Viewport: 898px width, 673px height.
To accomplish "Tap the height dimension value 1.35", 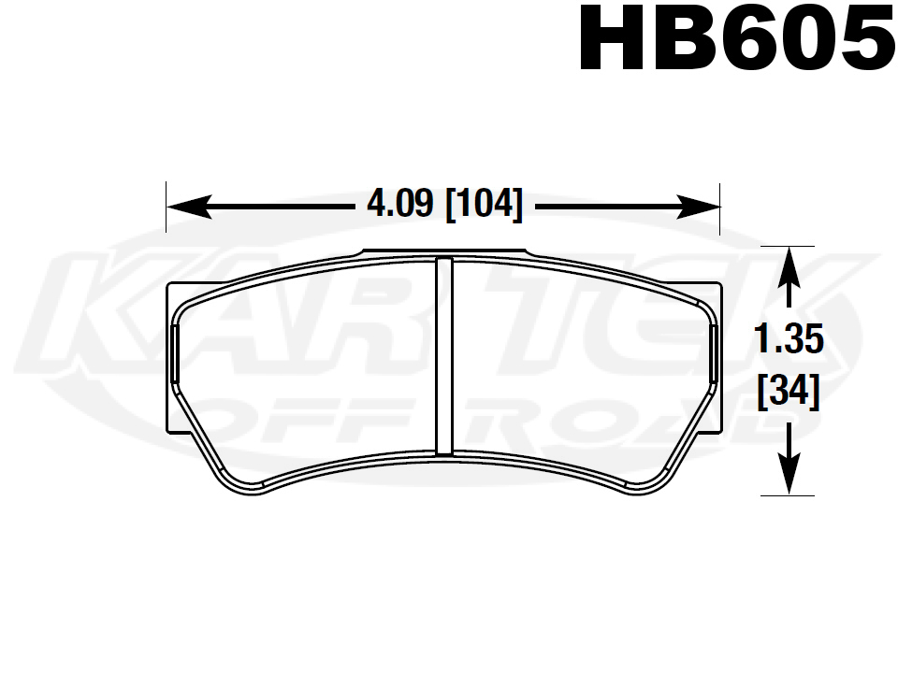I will [789, 341].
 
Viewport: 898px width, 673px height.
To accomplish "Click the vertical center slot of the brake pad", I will [444, 355].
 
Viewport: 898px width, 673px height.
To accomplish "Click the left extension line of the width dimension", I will [167, 208].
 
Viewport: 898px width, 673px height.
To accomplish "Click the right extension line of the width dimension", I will [719, 208].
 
